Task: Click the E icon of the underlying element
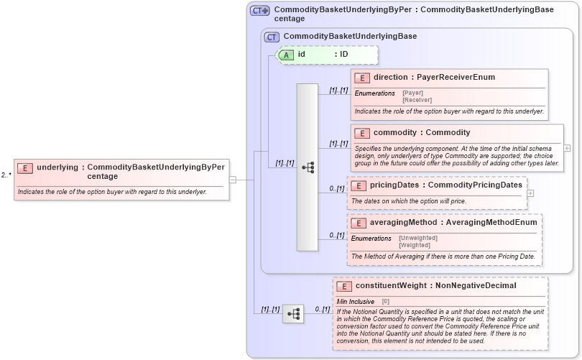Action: click(x=25, y=168)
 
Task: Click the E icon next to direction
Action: click(x=362, y=78)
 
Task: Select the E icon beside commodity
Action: click(x=362, y=133)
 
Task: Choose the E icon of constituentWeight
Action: click(x=343, y=286)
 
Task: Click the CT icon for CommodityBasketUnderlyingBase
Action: click(x=272, y=37)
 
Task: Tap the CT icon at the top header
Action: click(x=259, y=11)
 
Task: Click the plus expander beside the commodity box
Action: click(x=568, y=148)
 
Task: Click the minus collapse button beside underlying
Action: click(x=233, y=180)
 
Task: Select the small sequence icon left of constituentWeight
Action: click(x=292, y=314)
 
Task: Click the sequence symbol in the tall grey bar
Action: click(x=308, y=167)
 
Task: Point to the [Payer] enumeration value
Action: click(x=412, y=93)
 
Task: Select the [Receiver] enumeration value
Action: click(x=417, y=100)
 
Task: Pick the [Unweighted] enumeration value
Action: click(x=417, y=238)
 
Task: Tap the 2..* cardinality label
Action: click(x=6, y=175)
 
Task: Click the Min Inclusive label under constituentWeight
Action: click(x=356, y=301)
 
